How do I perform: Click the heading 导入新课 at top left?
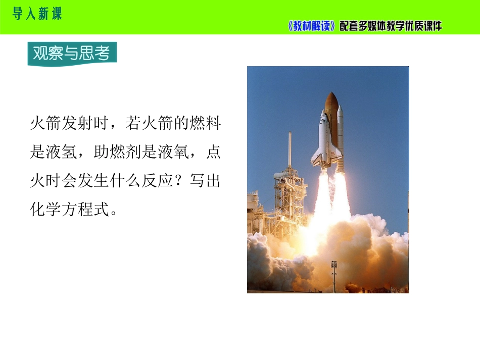coord(37,14)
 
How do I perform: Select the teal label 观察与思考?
coord(72,53)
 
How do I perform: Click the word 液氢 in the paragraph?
coord(62,151)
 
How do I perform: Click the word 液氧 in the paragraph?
coord(173,151)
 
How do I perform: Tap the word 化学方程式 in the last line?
coord(70,210)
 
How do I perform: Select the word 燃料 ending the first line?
coord(205,123)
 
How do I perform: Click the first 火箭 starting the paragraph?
coord(45,123)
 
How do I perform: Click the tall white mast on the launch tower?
coord(290,149)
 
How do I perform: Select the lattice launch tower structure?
coord(290,199)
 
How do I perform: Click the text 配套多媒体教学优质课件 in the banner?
coord(391,26)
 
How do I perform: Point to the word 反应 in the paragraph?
coord(157,180)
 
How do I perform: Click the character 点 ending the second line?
coord(213,151)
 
